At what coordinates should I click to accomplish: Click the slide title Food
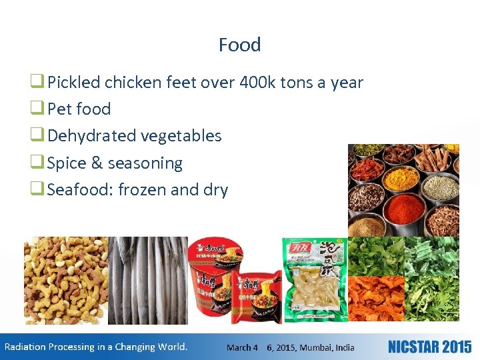[239, 45]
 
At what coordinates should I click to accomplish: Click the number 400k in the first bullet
[266, 83]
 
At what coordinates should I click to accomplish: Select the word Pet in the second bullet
[60, 109]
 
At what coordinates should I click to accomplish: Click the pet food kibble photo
[65, 280]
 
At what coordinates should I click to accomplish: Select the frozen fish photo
[147, 280]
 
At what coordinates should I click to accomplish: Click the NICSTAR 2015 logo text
[429, 347]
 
